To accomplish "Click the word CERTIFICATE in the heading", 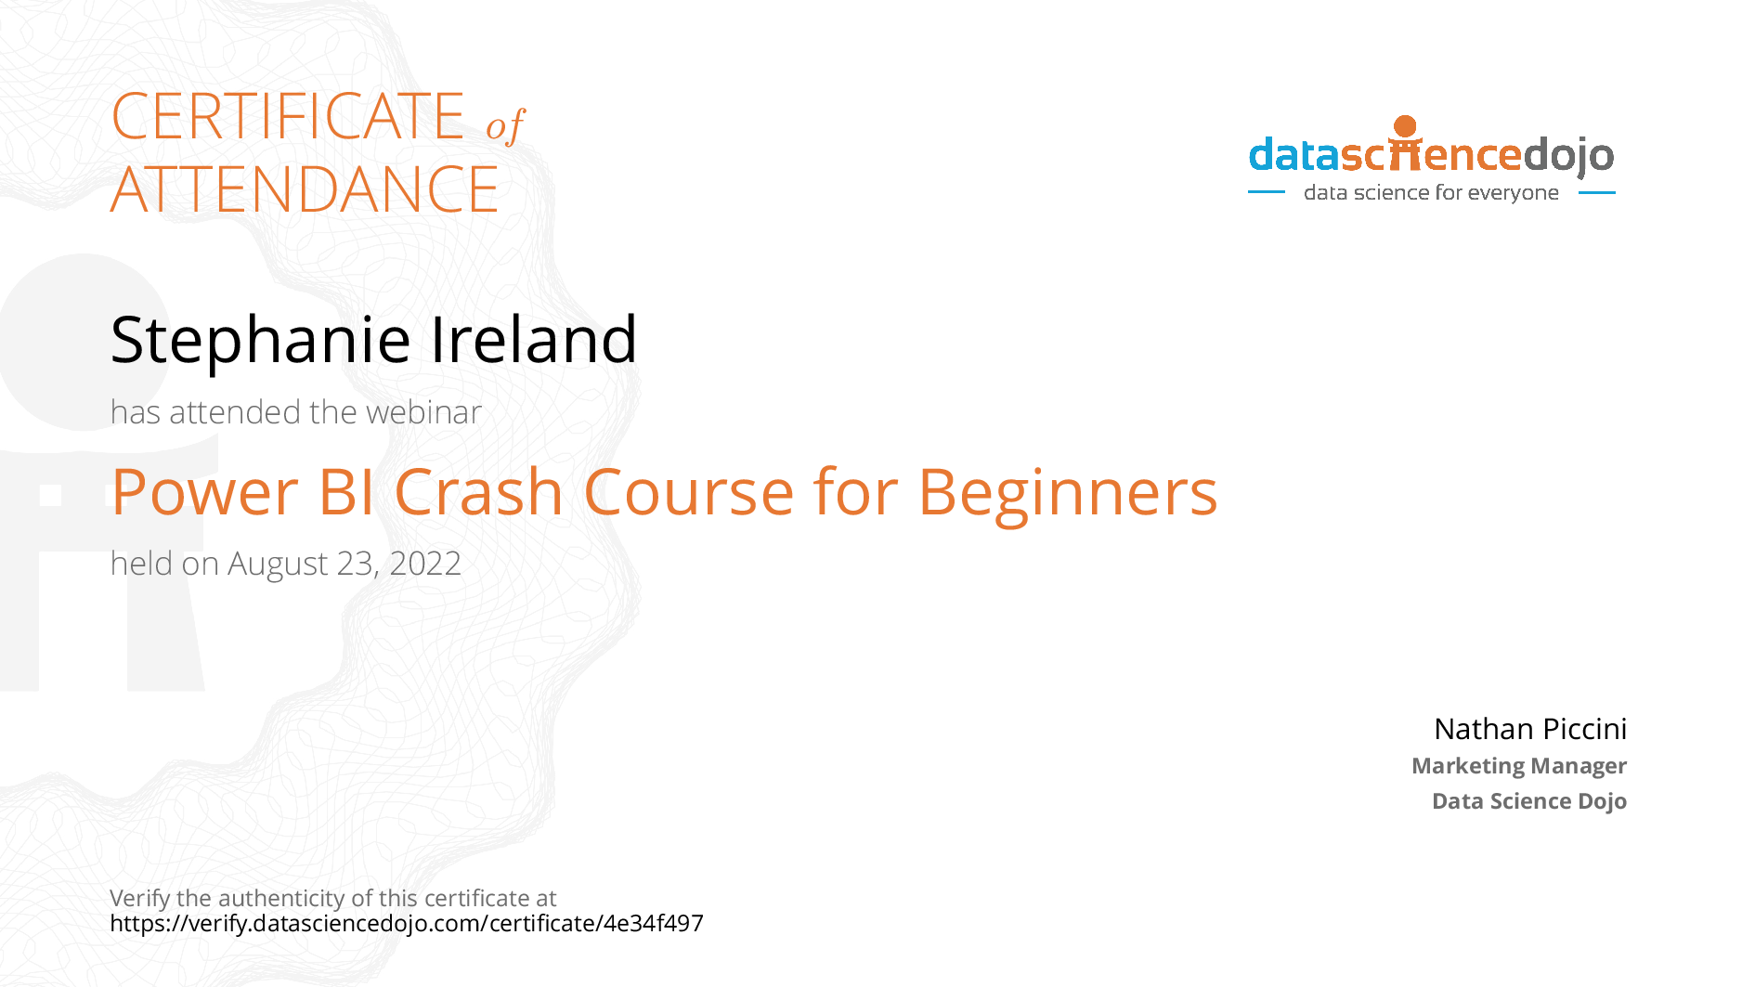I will click(x=288, y=117).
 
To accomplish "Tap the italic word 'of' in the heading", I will click(x=505, y=125).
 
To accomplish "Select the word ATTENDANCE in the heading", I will click(x=305, y=189).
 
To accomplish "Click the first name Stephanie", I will click(x=261, y=340).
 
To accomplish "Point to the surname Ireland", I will click(x=534, y=340).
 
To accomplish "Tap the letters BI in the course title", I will click(x=347, y=492).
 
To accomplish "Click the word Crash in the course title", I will click(x=479, y=492).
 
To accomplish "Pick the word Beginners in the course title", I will click(x=1068, y=492).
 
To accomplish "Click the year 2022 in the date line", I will click(x=425, y=564).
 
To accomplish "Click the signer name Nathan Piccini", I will click(x=1530, y=729).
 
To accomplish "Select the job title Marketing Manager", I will click(x=1519, y=766).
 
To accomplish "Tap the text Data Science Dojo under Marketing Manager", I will click(x=1529, y=801).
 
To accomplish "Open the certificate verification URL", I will click(x=407, y=923).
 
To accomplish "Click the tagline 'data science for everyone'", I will click(x=1431, y=193).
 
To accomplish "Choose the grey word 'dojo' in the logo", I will click(x=1568, y=156).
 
